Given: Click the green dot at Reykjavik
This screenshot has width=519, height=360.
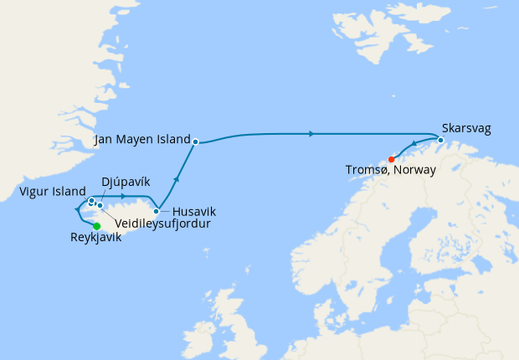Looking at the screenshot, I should [x=97, y=226].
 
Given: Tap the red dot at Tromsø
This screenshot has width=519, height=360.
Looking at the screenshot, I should [x=392, y=160].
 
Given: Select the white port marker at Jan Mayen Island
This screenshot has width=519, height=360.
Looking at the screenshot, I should [x=195, y=141].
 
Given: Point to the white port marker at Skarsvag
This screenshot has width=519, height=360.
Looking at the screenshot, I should [x=440, y=128].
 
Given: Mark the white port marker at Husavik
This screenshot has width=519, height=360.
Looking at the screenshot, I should [x=157, y=211].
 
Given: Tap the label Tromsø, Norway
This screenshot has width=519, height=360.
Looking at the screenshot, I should [x=390, y=170].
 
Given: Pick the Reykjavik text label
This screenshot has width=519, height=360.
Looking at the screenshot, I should [x=96, y=238].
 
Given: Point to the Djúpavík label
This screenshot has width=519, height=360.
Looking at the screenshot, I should [x=126, y=181].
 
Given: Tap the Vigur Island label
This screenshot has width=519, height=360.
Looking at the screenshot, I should [x=53, y=192].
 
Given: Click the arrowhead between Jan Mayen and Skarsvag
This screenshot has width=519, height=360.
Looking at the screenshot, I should [x=311, y=133].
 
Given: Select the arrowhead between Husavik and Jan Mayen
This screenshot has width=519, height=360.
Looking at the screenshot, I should [x=177, y=178].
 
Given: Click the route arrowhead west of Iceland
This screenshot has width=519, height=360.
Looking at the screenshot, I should [x=76, y=207].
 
